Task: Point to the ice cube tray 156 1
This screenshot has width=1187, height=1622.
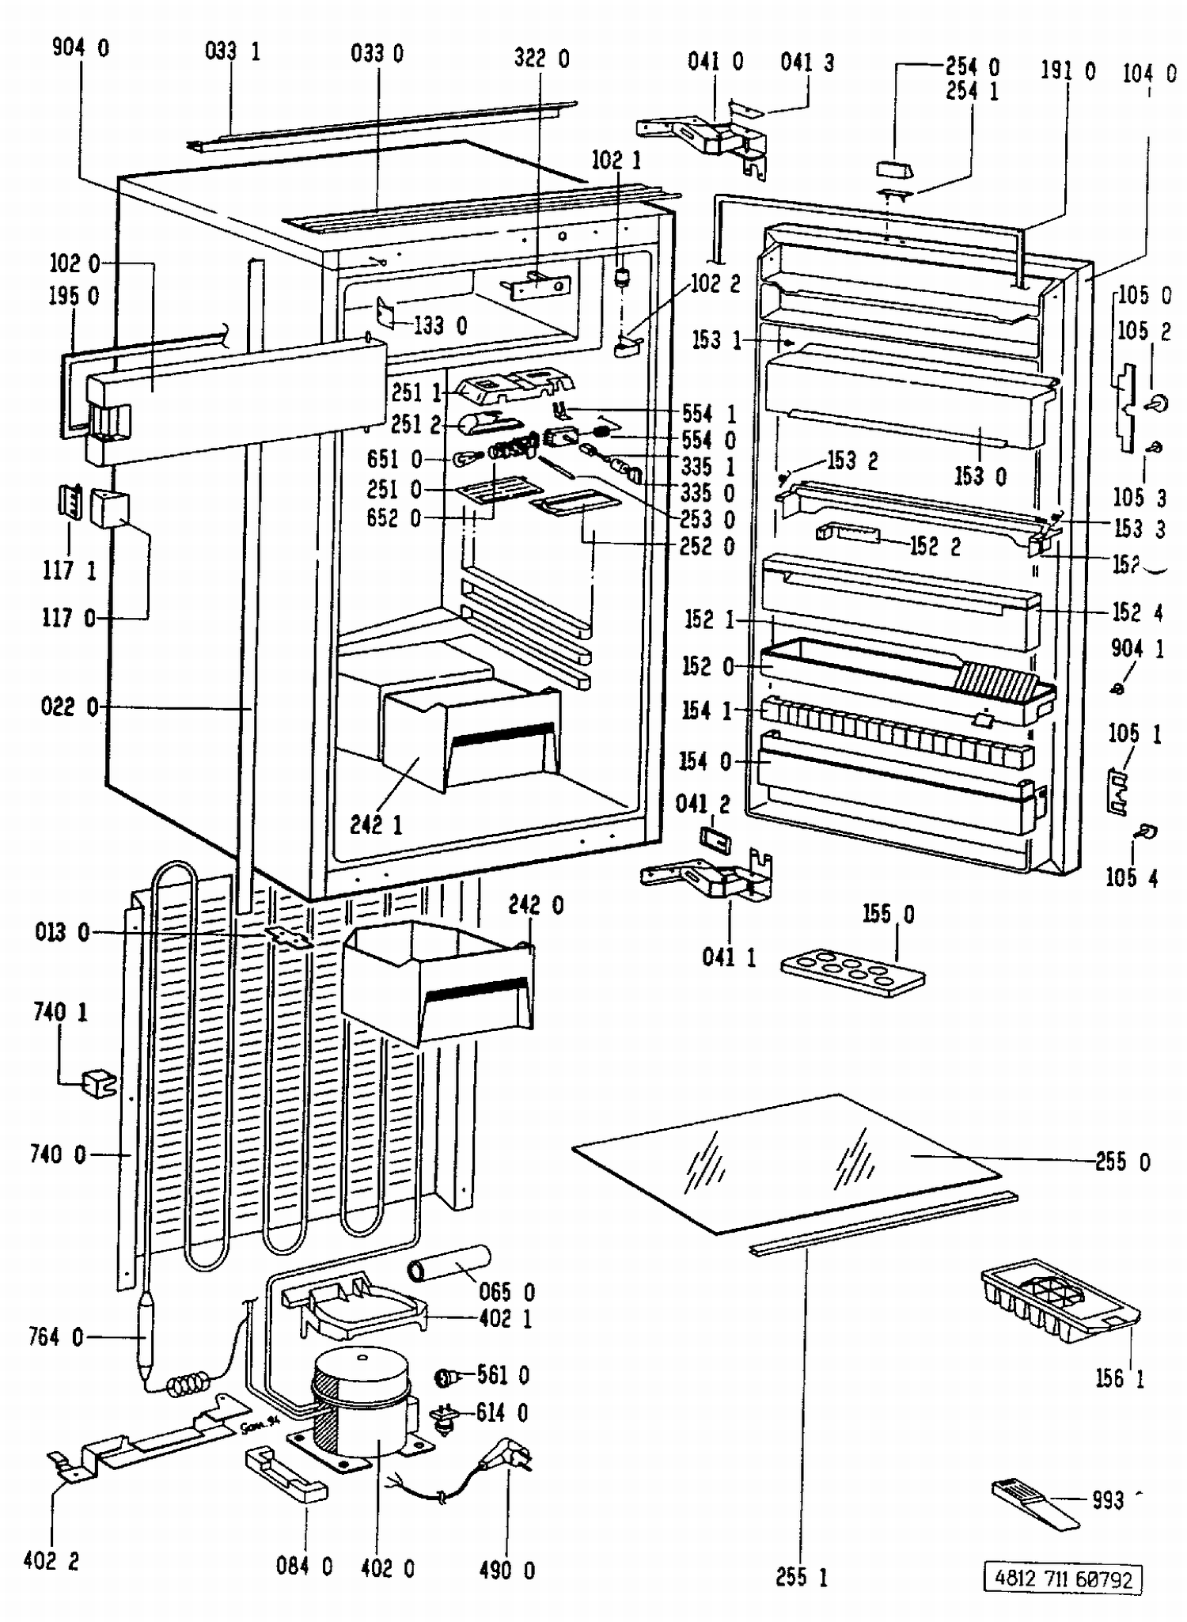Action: pyautogui.click(x=1060, y=1302)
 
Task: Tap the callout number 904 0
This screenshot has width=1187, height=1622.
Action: pyautogui.click(x=81, y=47)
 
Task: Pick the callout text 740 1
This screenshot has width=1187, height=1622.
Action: pyautogui.click(x=60, y=1012)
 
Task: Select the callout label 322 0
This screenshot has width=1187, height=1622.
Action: pyautogui.click(x=541, y=59)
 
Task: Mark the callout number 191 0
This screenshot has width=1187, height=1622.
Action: pyautogui.click(x=1068, y=71)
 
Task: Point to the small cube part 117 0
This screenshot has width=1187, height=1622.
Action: pyautogui.click(x=109, y=508)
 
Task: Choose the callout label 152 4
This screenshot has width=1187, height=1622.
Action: pyautogui.click(x=1138, y=612)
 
